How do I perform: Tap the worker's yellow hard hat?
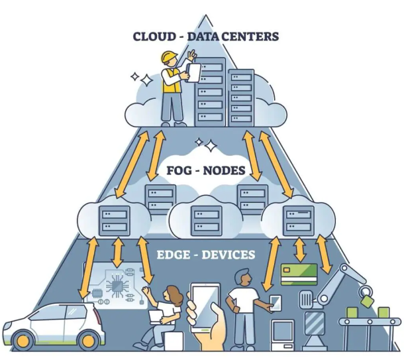170,57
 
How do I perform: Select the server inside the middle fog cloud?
207,221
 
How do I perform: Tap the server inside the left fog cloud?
114,220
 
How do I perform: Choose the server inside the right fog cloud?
298,221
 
